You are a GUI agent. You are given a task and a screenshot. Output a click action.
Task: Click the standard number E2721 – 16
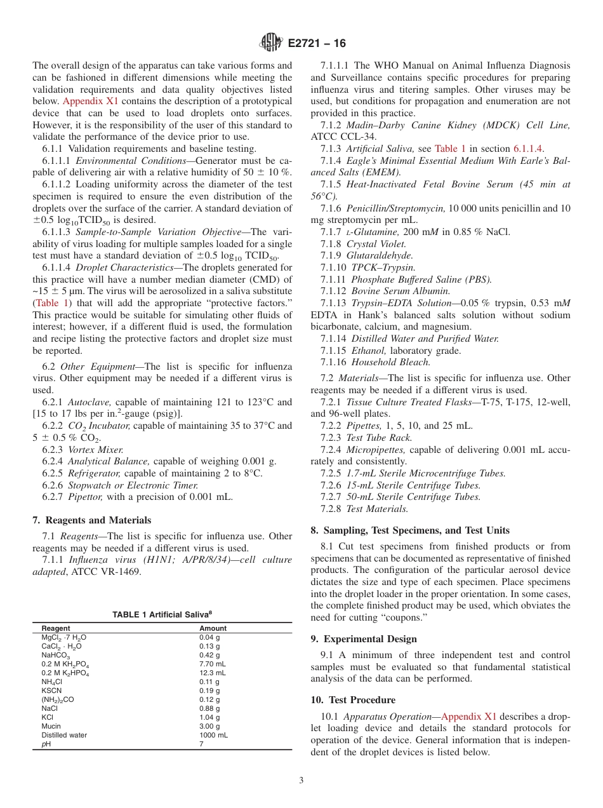pyautogui.click(x=317, y=43)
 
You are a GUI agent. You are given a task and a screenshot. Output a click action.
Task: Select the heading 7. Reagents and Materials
pyautogui.click(x=91, y=520)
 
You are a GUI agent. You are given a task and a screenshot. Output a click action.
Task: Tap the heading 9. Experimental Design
pyautogui.click(x=364, y=638)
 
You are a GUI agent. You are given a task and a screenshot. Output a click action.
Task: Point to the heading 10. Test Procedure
pyautogui.click(x=353, y=699)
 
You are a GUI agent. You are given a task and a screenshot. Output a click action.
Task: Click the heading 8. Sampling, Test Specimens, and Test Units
pyautogui.click(x=410, y=530)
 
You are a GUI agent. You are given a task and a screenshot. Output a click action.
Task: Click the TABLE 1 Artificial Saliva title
pyautogui.click(x=162, y=614)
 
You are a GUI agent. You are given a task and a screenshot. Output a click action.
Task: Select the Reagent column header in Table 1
pyautogui.click(x=56, y=628)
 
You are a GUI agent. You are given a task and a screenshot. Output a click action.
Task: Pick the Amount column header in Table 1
pyautogui.click(x=213, y=628)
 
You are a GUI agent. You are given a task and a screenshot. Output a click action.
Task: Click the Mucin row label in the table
pyautogui.click(x=51, y=726)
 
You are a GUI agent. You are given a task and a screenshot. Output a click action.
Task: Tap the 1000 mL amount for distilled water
pyautogui.click(x=213, y=735)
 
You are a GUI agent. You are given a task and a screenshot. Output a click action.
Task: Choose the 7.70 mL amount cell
pyautogui.click(x=212, y=664)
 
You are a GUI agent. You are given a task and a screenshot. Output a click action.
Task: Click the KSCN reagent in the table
pyautogui.click(x=52, y=690)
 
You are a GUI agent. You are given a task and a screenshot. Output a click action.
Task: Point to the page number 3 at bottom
pyautogui.click(x=301, y=780)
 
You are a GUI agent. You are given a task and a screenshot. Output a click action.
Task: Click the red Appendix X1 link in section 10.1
pyautogui.click(x=468, y=717)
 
